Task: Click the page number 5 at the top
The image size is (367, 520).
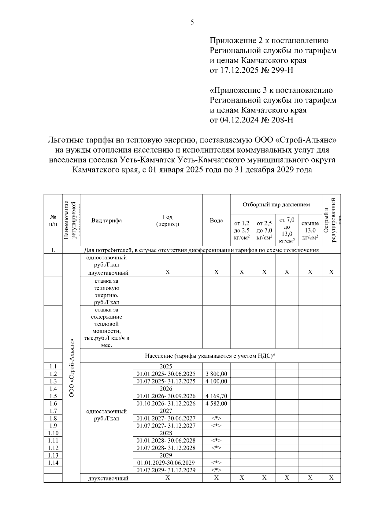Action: (192, 22)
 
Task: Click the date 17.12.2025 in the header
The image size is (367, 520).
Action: (238, 70)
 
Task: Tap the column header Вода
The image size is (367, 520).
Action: (216, 220)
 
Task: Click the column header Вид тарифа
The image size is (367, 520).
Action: (106, 220)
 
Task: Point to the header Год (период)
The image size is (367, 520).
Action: (167, 220)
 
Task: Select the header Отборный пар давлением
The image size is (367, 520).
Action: (276, 204)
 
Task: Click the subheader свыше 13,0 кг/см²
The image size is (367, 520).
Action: (310, 230)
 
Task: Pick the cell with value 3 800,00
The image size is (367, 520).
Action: (216, 374)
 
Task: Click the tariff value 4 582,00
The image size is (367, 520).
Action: (216, 404)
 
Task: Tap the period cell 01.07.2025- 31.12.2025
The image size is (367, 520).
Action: (166, 381)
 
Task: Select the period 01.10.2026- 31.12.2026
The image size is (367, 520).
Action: (166, 404)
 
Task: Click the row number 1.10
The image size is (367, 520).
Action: (53, 433)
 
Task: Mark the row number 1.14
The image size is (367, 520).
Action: (53, 463)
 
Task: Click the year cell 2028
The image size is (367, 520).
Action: (166, 433)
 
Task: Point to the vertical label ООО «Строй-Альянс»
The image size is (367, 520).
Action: (72, 367)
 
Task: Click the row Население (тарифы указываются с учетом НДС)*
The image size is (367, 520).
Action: (210, 356)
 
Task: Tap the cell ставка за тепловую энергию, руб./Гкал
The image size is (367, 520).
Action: (106, 292)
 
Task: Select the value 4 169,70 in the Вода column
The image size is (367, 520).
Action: (216, 396)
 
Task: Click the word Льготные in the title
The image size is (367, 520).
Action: (65, 140)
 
